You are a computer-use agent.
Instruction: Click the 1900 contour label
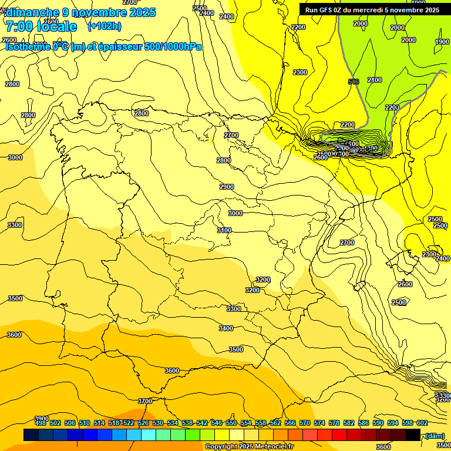click(442, 42)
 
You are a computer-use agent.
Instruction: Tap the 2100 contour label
click(374, 80)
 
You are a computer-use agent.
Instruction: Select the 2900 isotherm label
click(227, 187)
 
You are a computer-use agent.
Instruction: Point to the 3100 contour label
click(224, 230)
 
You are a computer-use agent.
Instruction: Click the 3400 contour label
click(226, 328)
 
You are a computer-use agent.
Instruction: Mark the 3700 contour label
click(144, 401)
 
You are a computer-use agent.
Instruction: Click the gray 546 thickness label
click(354, 82)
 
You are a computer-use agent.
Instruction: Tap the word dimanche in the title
click(32, 12)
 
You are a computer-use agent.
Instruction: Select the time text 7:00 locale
click(41, 26)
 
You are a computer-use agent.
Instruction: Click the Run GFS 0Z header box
click(372, 10)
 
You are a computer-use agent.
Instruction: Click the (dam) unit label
click(435, 435)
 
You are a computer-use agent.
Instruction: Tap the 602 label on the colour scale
click(422, 423)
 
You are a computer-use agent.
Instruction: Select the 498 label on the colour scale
click(41, 423)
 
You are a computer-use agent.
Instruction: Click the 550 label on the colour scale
click(231, 423)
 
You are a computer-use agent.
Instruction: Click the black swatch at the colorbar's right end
click(413, 435)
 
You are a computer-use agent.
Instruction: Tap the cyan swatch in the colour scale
click(149, 435)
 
